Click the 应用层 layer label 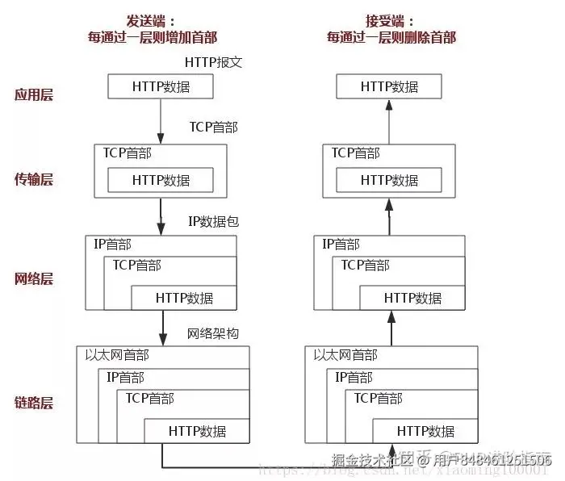coord(33,94)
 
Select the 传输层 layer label coord(33,179)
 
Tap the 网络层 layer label coord(33,279)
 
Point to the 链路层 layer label coord(33,402)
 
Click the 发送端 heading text coord(151,21)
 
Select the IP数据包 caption coord(213,221)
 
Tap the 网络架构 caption coord(213,333)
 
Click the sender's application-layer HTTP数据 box coord(161,86)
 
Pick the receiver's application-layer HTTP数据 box coord(390,86)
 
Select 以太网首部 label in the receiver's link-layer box coord(345,355)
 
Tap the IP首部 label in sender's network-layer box coord(112,244)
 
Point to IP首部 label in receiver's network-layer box coord(341,244)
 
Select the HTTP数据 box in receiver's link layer coord(425,431)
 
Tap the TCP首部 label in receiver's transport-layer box coord(356,153)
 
